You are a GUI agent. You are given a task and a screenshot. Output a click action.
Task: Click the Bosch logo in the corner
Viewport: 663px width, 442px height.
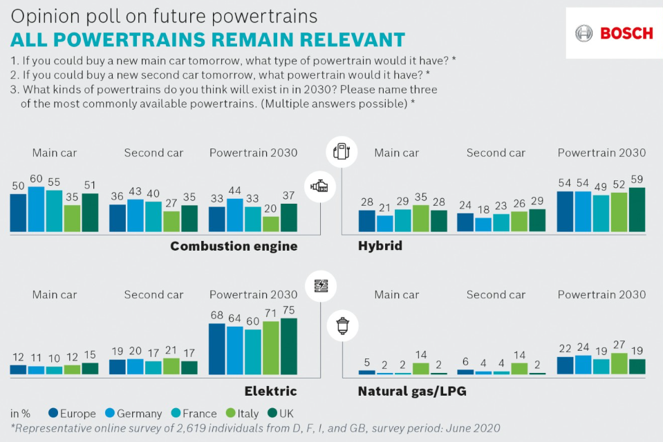(614, 33)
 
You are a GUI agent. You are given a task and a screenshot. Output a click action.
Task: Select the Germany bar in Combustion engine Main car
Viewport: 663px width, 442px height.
(36, 209)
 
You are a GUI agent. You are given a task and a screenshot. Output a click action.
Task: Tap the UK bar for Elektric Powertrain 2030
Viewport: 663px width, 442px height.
(288, 346)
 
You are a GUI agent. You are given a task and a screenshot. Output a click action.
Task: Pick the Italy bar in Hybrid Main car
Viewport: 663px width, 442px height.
(420, 218)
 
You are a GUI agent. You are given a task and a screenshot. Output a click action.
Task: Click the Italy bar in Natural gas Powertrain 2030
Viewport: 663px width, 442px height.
(619, 363)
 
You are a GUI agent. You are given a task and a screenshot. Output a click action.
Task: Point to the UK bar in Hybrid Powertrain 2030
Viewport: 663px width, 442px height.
(637, 209)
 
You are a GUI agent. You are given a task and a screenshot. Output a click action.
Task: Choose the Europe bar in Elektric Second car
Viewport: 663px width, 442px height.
(118, 367)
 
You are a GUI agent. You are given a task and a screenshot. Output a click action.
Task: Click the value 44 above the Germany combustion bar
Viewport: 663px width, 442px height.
(235, 190)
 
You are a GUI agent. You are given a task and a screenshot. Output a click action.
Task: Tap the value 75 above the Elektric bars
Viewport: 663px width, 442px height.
(288, 310)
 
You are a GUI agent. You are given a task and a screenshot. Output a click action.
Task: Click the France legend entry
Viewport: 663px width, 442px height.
(197, 414)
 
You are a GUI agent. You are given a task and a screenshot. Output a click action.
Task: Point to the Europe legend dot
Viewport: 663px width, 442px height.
(53, 414)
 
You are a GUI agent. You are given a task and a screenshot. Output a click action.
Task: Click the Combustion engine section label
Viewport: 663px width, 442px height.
(234, 247)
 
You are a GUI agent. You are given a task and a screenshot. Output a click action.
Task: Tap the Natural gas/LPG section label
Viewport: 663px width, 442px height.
(412, 392)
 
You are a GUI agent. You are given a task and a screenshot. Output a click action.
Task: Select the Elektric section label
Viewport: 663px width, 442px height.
(270, 392)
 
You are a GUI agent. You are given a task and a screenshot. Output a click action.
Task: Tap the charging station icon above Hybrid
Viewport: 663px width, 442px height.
(340, 152)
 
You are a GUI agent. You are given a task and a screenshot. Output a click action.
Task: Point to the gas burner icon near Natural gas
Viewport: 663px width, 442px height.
(341, 327)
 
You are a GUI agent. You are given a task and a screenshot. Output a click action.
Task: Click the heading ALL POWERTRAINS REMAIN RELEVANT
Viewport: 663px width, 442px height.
(207, 39)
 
